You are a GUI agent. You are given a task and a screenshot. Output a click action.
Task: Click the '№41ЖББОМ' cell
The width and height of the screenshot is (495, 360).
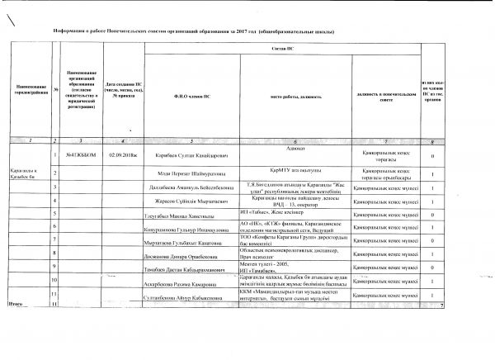[x=77, y=155]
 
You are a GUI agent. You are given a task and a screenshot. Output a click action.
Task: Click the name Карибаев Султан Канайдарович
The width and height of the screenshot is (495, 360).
[x=191, y=156]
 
